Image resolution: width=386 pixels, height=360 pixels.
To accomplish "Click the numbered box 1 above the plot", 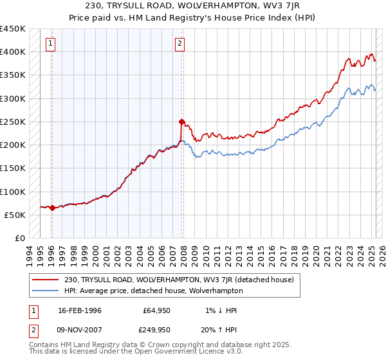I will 50,44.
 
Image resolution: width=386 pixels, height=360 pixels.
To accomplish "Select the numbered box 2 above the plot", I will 179,44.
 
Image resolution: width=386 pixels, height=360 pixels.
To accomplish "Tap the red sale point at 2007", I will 181,122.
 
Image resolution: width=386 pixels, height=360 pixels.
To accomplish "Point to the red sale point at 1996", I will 52,208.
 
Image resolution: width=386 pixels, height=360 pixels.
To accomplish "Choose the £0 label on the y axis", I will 20,238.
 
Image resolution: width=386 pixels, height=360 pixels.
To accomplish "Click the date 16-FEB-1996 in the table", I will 80,310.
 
